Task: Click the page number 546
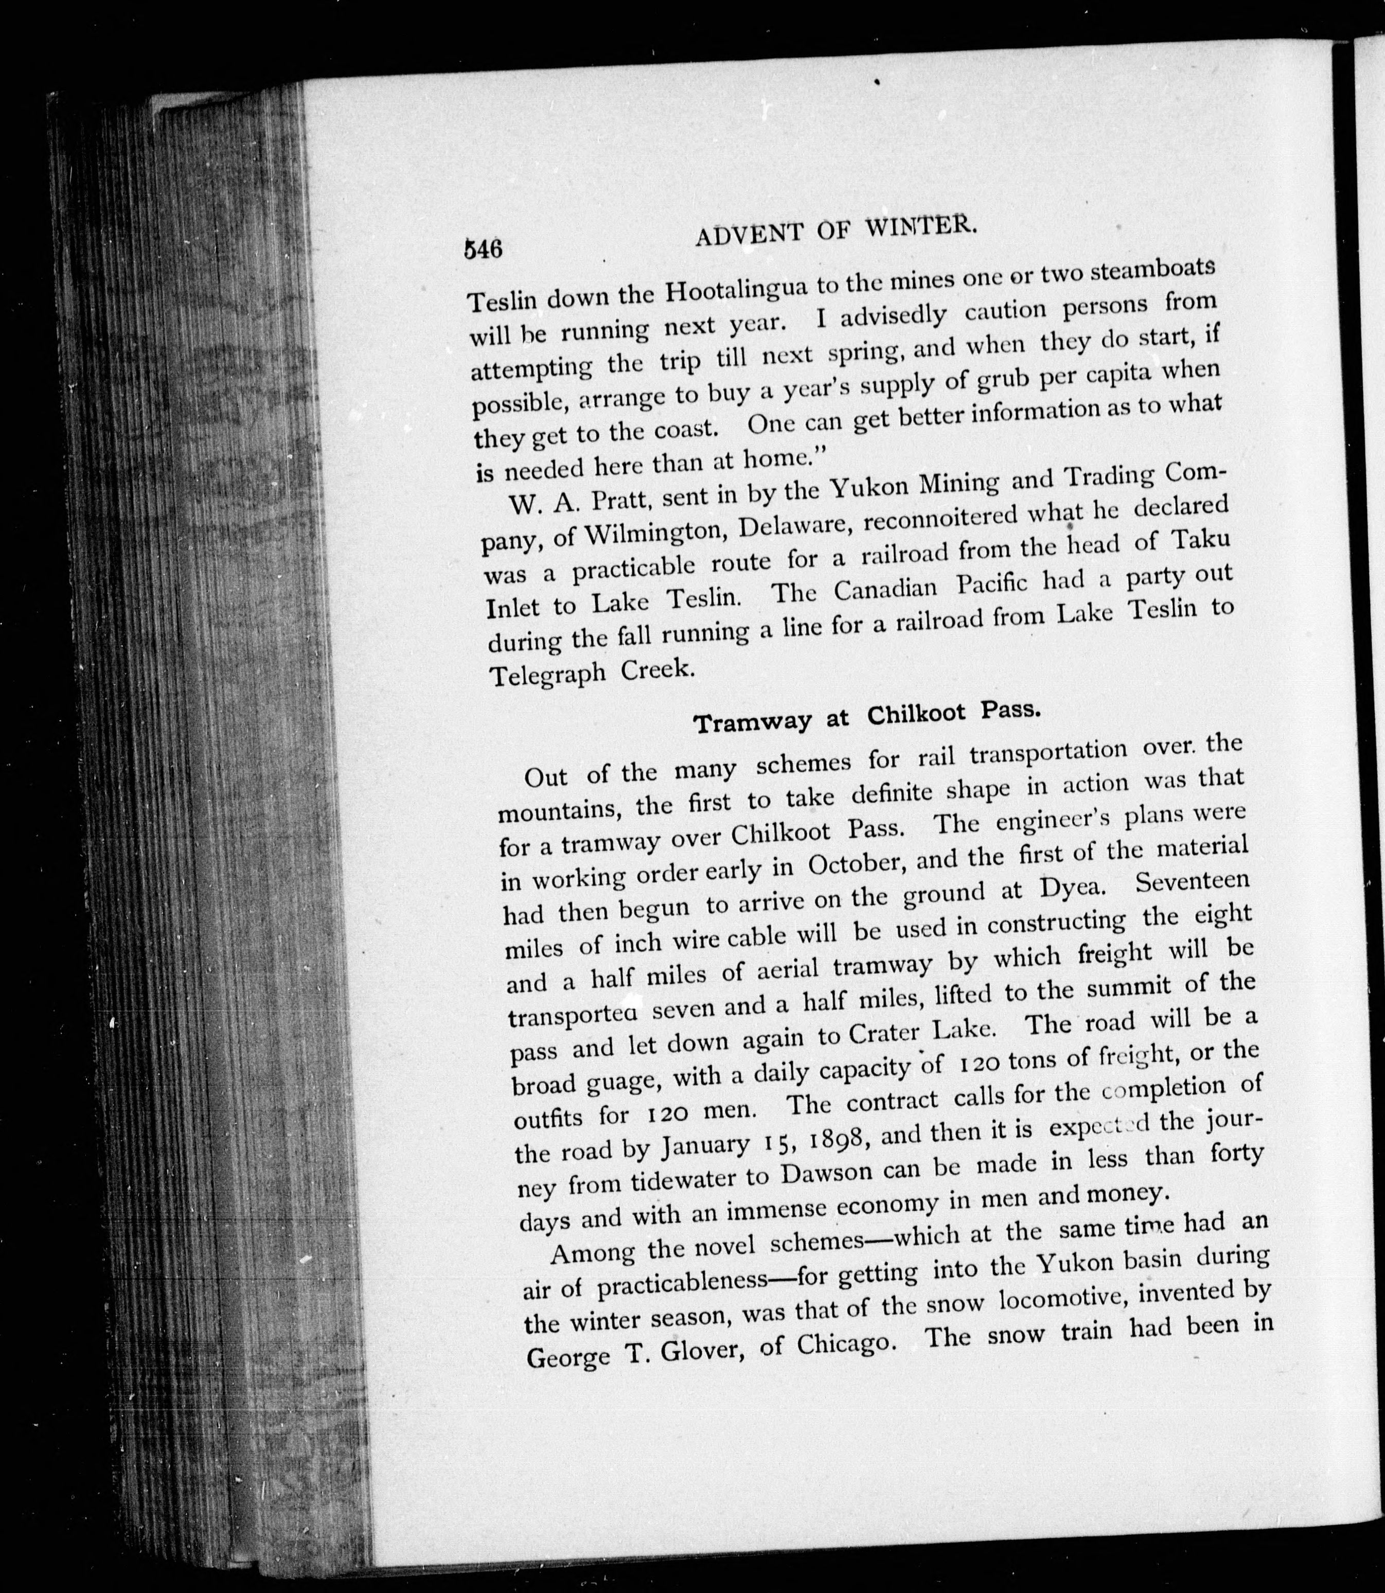[483, 249]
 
